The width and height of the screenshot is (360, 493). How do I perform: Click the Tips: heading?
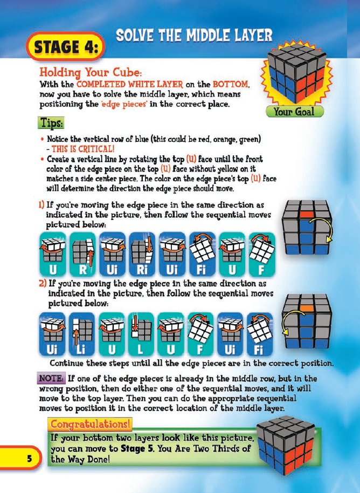(x=51, y=123)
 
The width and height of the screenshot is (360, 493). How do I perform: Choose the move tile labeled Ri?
(x=142, y=252)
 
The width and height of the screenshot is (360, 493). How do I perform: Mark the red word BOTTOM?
(x=230, y=85)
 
